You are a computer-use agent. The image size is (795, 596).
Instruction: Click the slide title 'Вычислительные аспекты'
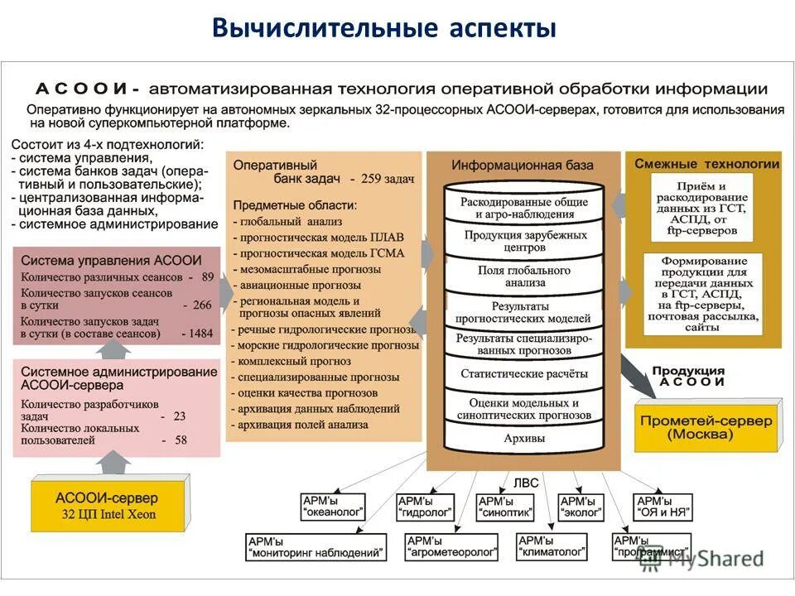point(383,29)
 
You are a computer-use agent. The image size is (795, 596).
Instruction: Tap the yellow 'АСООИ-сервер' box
point(106,504)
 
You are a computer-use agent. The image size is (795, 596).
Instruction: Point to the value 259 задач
point(382,178)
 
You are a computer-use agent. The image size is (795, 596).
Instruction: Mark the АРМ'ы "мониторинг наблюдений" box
point(316,546)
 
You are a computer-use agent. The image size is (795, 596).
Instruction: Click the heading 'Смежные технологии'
point(706,164)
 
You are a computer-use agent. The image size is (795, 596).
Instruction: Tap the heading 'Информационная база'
point(523,165)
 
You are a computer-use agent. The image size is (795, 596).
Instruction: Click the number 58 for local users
point(180,440)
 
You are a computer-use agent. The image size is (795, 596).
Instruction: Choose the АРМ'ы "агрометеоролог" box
point(452,546)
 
